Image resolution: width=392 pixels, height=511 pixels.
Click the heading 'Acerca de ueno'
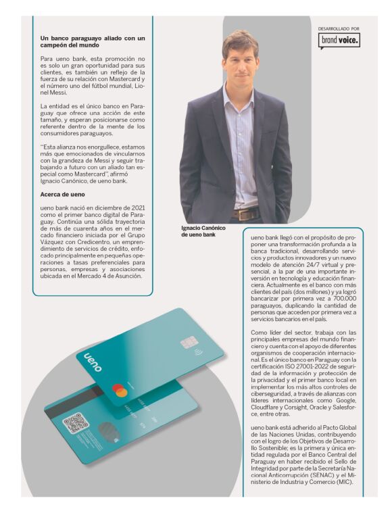(x=64, y=195)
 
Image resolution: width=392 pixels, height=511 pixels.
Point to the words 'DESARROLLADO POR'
(x=339, y=28)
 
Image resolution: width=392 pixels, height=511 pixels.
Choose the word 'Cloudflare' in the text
(x=268, y=408)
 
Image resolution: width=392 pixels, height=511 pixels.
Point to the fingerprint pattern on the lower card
(x=107, y=433)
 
